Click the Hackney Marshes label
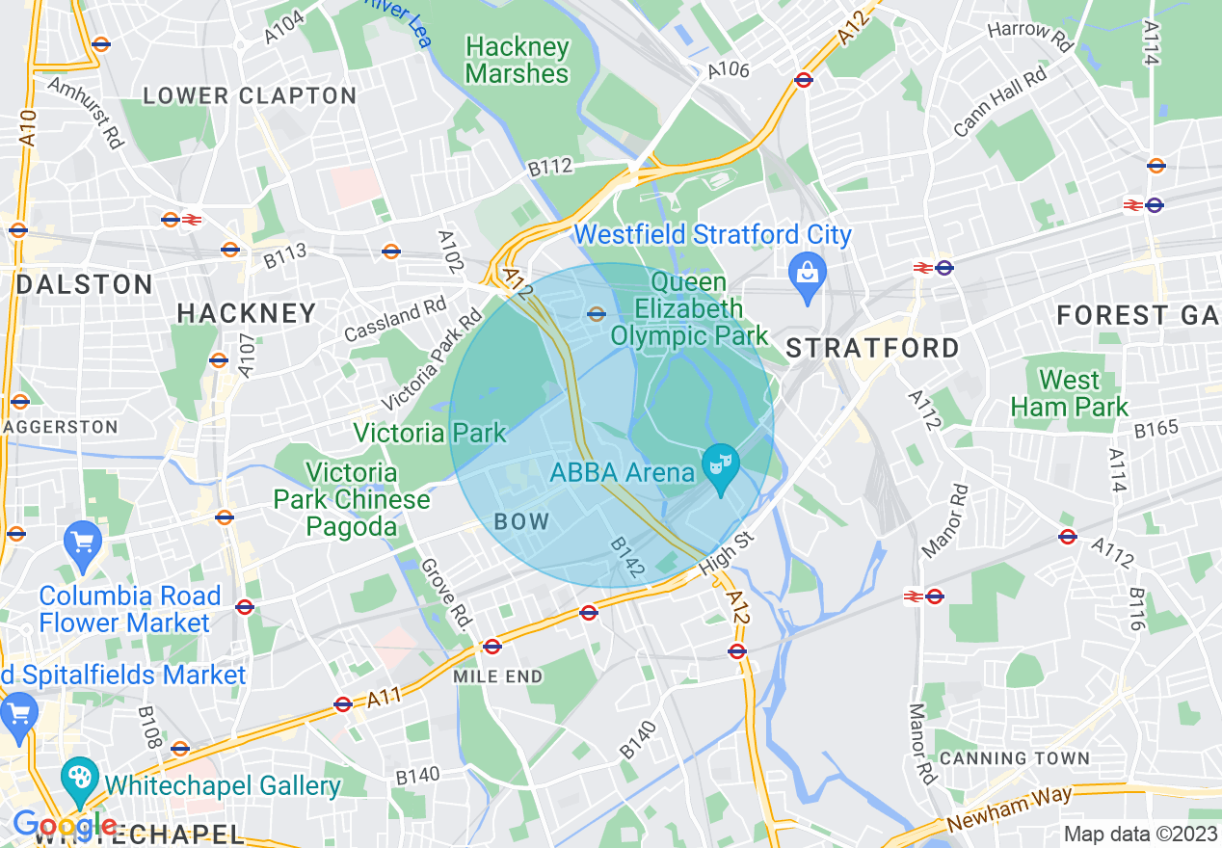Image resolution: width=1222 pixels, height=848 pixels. click(x=517, y=60)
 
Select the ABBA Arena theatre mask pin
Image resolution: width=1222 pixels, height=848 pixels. click(x=720, y=466)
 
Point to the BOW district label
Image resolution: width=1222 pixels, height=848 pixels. click(x=520, y=522)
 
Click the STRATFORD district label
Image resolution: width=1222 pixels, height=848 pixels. click(x=873, y=348)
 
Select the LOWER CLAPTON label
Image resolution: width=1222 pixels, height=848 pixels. click(x=250, y=96)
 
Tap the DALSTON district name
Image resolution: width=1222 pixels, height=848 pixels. click(x=85, y=284)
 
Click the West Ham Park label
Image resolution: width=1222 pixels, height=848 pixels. click(x=1069, y=393)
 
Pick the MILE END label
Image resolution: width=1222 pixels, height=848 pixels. click(x=498, y=676)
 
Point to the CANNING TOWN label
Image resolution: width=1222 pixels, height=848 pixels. click(x=1013, y=758)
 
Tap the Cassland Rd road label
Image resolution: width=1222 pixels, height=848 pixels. click(x=395, y=320)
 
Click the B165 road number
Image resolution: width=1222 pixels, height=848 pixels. click(x=1156, y=428)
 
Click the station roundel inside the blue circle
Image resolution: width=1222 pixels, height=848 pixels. click(x=597, y=313)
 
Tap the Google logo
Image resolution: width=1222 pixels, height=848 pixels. click(x=64, y=826)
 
